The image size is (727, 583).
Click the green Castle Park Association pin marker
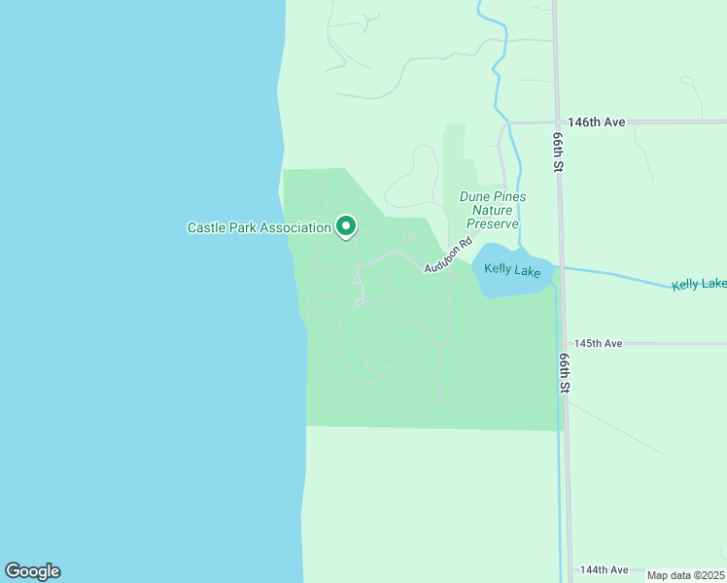[345, 226]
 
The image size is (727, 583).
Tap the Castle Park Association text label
[260, 228]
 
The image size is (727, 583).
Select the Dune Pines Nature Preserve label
[494, 210]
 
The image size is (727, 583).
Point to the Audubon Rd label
[446, 257]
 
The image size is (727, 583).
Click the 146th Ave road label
[597, 122]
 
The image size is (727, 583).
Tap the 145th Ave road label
[598, 344]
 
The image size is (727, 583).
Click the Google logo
[32, 571]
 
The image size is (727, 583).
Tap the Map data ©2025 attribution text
[685, 575]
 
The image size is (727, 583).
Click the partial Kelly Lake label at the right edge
[699, 285]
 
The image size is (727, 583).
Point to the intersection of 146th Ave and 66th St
[557, 122]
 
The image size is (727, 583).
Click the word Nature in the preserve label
[494, 210]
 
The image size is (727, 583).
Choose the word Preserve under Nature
[494, 223]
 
